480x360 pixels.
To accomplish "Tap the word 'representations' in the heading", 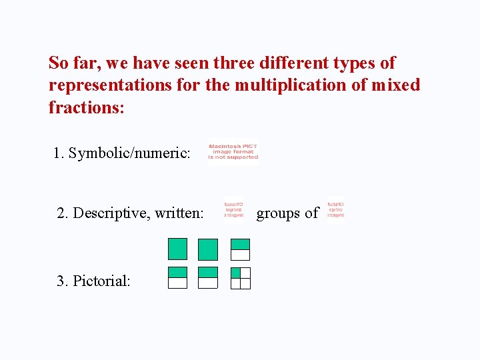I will point(117,85).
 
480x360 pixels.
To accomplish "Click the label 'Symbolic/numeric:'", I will point(129,153).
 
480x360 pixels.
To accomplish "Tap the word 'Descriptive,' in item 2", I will point(111,213).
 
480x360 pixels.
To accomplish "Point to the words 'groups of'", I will point(287,213).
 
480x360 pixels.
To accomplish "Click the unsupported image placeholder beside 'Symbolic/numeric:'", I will point(233,151).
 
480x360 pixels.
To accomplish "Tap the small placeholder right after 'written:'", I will point(233,209).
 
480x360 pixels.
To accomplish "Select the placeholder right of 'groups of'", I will point(335,209).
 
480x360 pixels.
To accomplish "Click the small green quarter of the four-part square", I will point(235,273).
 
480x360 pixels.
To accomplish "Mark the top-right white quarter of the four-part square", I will point(245,273).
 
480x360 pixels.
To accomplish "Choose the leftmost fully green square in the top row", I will point(177,249).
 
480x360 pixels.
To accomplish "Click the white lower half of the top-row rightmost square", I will point(240,255).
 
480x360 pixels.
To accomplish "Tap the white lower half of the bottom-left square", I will point(177,283).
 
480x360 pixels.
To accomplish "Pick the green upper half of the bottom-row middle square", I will point(208,272).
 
